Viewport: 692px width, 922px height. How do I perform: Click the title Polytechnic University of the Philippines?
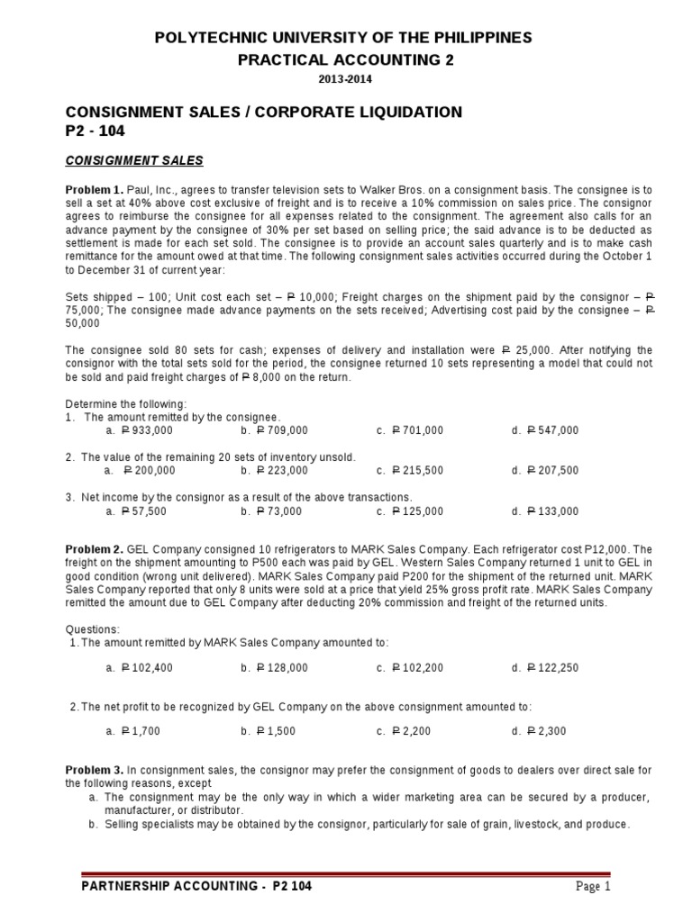[345, 38]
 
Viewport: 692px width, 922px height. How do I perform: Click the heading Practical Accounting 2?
[345, 60]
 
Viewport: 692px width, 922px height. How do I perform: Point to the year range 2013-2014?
[345, 79]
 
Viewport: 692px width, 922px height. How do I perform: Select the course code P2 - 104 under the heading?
[96, 131]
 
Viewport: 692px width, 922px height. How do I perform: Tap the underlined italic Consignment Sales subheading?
[135, 161]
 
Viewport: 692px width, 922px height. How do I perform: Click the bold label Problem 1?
[94, 191]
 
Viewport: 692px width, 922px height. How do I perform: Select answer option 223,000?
[281, 470]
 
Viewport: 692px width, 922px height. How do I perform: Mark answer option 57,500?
[144, 511]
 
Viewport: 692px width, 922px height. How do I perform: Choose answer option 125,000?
[417, 511]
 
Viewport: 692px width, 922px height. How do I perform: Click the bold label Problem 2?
[94, 549]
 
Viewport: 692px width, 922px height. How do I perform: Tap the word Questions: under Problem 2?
[93, 629]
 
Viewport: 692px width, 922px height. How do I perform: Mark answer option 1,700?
[141, 731]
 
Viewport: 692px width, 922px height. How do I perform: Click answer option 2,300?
[545, 731]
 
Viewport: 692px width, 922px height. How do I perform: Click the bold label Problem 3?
[94, 771]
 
